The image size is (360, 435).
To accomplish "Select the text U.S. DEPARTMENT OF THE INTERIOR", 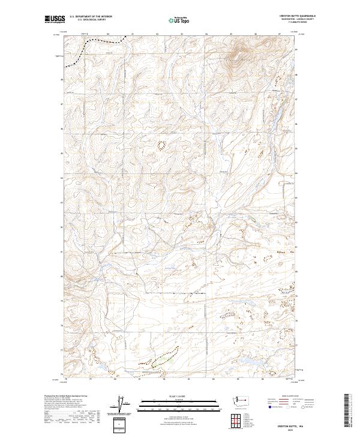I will tap(91, 17).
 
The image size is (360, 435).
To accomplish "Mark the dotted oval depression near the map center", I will tap(161, 144).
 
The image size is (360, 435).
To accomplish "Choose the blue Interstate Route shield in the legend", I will tap(266, 407).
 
